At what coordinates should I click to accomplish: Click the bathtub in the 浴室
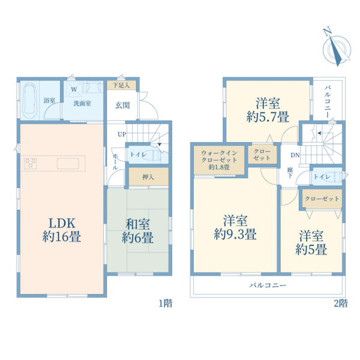[x=30, y=100]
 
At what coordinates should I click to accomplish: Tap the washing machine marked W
[x=74, y=89]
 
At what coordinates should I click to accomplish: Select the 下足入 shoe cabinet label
[x=121, y=85]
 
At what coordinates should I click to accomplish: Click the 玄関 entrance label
[x=122, y=106]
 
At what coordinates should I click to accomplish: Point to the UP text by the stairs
[x=122, y=134]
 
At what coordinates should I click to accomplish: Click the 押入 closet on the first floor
[x=149, y=176]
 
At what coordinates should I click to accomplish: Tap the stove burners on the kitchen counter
[x=31, y=163]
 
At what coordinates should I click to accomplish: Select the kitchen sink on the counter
[x=68, y=163]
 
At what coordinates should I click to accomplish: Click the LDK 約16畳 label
[x=62, y=230]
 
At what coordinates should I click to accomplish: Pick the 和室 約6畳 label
[x=137, y=231]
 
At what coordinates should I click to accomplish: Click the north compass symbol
[x=336, y=48]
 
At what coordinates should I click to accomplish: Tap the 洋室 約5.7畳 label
[x=268, y=110]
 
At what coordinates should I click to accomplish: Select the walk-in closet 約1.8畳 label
[x=219, y=160]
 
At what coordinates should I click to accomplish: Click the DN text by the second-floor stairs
[x=295, y=155]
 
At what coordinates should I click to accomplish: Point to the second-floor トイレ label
[x=322, y=177]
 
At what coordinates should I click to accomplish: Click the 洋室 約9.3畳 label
[x=235, y=227]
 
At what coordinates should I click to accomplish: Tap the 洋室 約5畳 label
[x=311, y=242]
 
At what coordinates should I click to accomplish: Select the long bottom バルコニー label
[x=268, y=286]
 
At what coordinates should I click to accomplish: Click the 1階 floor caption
[x=166, y=304]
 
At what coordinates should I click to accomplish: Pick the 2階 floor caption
[x=341, y=304]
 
